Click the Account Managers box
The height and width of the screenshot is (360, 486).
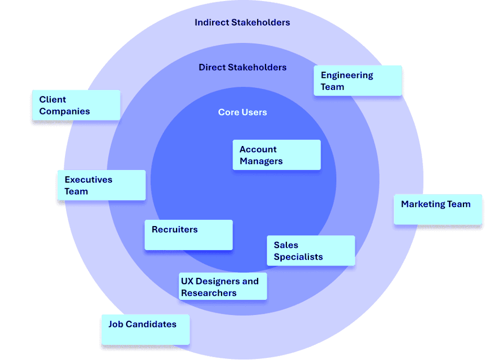pyautogui.click(x=277, y=155)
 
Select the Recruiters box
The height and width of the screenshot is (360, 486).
pyautogui.click(x=189, y=235)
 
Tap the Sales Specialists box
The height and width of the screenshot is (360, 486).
pyautogui.click(x=311, y=251)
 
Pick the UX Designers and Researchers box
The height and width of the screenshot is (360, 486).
pyautogui.click(x=223, y=286)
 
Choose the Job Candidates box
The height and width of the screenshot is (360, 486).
pyautogui.click(x=146, y=330)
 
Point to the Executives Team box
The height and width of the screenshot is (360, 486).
pyautogui.click(x=102, y=185)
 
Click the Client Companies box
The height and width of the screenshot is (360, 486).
pyautogui.click(x=76, y=105)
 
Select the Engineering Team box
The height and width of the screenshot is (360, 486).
pyautogui.click(x=358, y=81)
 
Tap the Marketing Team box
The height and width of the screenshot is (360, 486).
pyautogui.click(x=438, y=210)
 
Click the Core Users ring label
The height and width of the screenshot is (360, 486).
pyautogui.click(x=242, y=113)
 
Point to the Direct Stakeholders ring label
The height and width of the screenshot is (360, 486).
pyautogui.click(x=242, y=67)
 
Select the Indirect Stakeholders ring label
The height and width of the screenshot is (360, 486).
pyautogui.click(x=242, y=22)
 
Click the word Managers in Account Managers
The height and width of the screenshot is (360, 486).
pyautogui.click(x=261, y=161)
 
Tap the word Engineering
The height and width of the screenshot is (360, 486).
pyautogui.click(x=347, y=75)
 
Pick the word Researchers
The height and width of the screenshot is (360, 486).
pyautogui.click(x=208, y=293)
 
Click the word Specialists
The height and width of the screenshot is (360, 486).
pyautogui.click(x=298, y=257)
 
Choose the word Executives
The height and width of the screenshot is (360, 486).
pyautogui.click(x=88, y=179)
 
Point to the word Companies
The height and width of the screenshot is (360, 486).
pyautogui.click(x=64, y=111)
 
